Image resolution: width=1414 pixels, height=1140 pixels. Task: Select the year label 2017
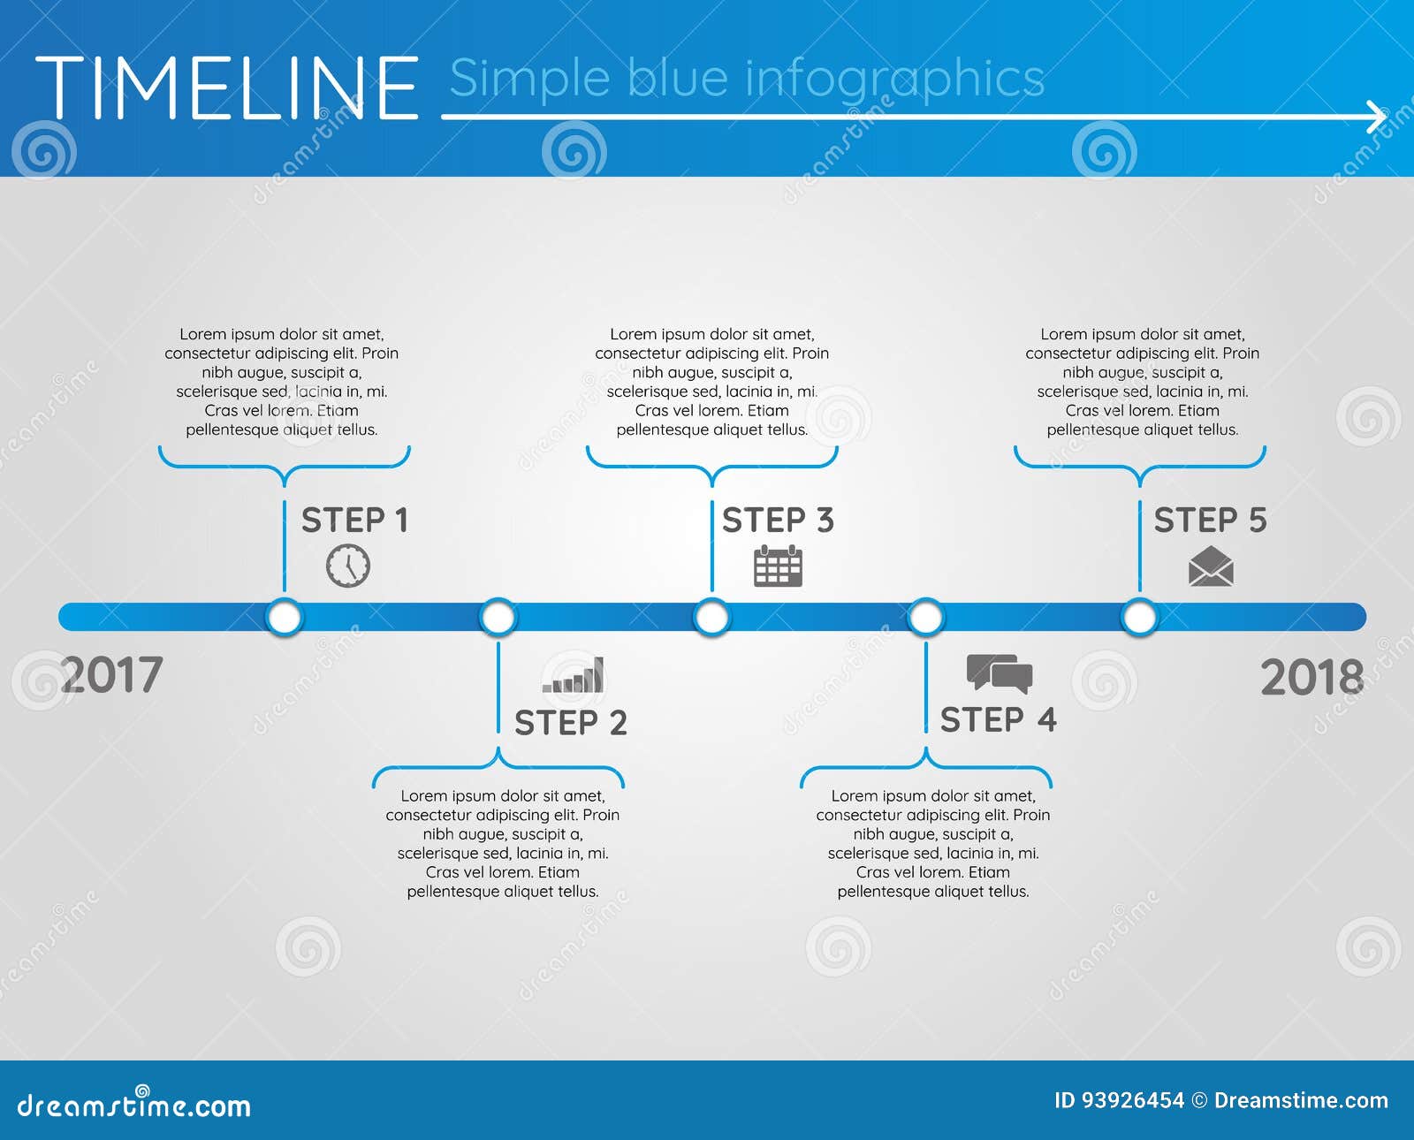coord(112,675)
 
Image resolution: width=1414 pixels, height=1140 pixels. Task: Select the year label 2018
coord(1311,678)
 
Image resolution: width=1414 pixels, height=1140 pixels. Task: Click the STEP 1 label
coord(354,521)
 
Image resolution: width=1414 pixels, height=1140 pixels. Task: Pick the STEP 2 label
coord(571,723)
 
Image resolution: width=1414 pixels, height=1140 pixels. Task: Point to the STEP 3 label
coord(778,521)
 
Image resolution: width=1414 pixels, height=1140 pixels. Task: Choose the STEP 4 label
coord(998,720)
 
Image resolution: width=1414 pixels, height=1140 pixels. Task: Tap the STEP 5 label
coord(1210,521)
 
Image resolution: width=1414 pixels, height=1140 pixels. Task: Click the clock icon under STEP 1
coord(348,566)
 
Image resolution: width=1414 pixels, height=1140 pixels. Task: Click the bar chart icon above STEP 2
coord(574,675)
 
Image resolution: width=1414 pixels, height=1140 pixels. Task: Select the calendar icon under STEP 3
coord(778,566)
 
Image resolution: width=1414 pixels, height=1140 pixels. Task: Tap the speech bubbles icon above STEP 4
coord(999,673)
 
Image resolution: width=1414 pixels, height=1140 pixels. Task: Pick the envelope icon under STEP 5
coord(1211,566)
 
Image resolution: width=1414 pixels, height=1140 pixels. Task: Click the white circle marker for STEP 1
coord(285,617)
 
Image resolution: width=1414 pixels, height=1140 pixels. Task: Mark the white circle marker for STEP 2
coord(498,617)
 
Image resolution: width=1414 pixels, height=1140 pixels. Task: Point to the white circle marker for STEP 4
coord(926,617)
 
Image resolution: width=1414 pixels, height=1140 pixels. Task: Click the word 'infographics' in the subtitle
coord(895,79)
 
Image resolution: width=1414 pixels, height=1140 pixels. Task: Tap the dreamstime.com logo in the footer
coord(134,1105)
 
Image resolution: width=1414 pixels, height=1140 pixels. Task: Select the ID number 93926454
coord(1132,1100)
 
